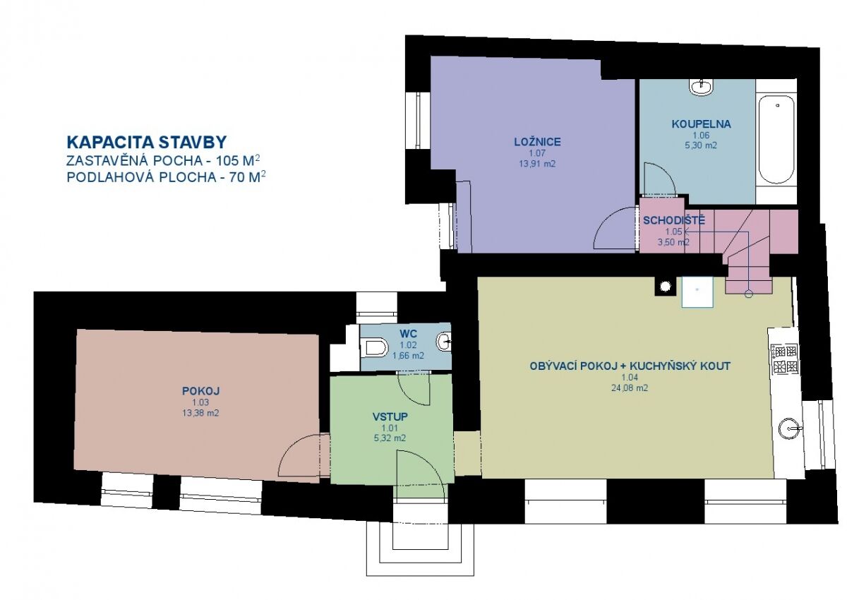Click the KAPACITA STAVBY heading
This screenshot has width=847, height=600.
coord(147,142)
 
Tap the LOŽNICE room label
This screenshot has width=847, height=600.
coord(537,142)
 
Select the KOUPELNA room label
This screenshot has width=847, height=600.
coord(701,124)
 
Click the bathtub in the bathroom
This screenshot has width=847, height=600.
coord(776,140)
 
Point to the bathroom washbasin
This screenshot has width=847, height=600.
coord(701,87)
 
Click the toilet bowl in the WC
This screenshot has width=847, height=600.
coord(374,347)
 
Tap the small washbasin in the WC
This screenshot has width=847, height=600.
coord(444,342)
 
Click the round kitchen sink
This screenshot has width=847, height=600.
coord(791,428)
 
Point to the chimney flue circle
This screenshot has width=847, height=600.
coord(665,287)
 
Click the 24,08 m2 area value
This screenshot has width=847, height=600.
coord(630,388)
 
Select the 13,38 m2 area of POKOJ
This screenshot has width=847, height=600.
coord(200,413)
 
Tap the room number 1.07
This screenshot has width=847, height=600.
coord(537,153)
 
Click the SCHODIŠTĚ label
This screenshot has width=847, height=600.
coord(674,220)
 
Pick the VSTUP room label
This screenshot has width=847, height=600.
coord(390,416)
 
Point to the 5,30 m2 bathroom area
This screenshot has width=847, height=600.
coord(701,145)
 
